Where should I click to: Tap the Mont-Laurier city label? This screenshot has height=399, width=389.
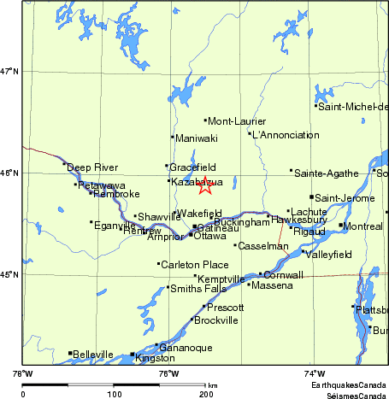point(237,120)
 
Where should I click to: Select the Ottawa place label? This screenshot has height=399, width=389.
point(209,236)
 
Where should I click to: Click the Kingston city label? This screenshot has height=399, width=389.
point(155,358)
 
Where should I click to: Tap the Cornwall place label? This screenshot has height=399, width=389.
point(283,275)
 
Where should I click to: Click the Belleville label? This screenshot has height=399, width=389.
point(93,354)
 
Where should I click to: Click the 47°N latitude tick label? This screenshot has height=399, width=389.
point(9,71)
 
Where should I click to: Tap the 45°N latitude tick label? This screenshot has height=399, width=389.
point(9,274)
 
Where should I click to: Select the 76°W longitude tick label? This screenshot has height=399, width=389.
point(168,373)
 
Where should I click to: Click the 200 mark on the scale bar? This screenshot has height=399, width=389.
point(206,394)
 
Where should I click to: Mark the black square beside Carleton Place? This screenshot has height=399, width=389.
point(159,264)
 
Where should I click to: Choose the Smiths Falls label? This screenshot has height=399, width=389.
point(198,289)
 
